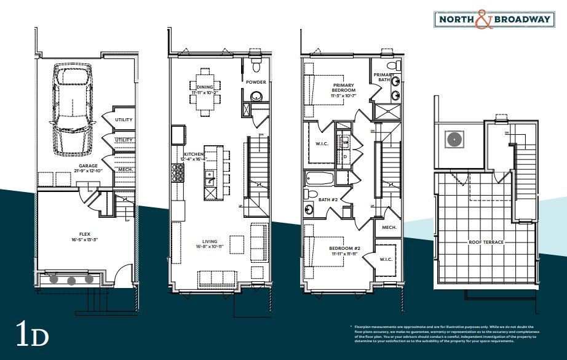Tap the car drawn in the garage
click(x=72, y=105)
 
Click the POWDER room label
click(x=255, y=82)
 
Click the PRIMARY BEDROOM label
click(x=344, y=89)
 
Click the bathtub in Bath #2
click(x=319, y=179)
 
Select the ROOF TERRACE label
click(x=485, y=242)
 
